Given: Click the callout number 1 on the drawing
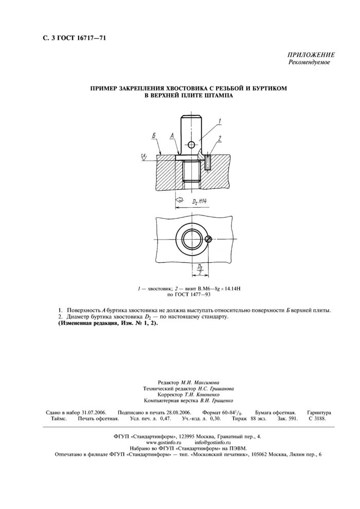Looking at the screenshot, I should (219, 121).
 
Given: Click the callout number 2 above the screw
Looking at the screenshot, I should (220, 138).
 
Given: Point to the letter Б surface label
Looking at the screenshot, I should (154, 135).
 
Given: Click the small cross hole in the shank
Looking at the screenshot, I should (191, 144).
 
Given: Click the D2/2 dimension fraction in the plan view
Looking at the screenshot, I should (199, 270).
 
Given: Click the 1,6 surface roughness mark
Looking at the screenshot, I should (145, 155).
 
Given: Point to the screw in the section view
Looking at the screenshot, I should (207, 162).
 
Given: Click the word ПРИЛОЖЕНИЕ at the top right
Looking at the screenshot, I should (311, 55).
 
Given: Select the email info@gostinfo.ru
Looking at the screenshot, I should (212, 442).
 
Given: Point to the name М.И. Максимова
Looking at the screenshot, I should (200, 383).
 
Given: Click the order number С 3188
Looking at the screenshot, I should (318, 420).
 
